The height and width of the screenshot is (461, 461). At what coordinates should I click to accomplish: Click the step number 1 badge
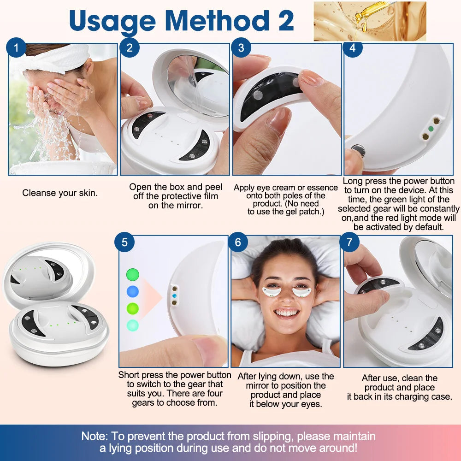point(17,48)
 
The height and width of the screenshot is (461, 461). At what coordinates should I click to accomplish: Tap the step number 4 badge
point(353,48)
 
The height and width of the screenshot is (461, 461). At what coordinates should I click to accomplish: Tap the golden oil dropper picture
point(370,21)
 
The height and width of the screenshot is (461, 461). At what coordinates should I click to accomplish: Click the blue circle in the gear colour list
point(132,291)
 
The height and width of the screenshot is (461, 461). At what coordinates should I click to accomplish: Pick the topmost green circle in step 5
point(132,275)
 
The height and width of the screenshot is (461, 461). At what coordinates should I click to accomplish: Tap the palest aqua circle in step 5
point(132,325)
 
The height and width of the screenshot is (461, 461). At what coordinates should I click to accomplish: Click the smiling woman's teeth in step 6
point(287,313)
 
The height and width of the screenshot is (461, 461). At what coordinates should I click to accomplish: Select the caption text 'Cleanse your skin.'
point(60,193)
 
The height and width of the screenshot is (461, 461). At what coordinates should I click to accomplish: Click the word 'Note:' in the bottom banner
point(95,436)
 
